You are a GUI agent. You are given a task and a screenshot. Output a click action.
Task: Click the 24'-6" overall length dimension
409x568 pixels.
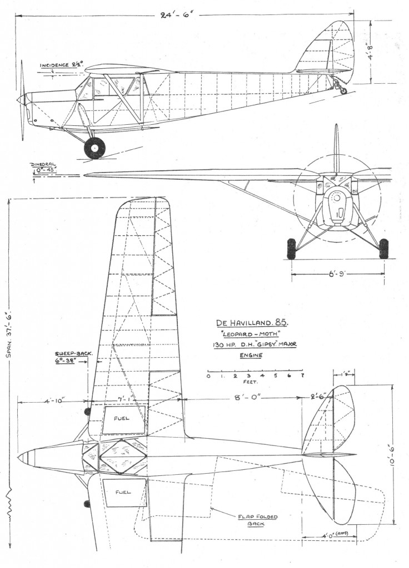(x=178, y=16)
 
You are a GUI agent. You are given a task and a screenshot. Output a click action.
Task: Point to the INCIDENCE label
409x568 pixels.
(x=54, y=65)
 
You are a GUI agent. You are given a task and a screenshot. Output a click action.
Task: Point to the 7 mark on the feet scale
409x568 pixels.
(x=302, y=376)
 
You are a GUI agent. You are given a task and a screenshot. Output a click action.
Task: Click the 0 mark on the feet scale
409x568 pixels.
(x=208, y=376)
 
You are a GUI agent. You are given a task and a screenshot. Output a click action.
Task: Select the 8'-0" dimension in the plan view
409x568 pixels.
(x=245, y=397)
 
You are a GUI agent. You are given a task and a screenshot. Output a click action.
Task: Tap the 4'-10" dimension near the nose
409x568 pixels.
(x=53, y=400)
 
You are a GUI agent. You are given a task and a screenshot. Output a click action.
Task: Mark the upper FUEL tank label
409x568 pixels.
(x=121, y=418)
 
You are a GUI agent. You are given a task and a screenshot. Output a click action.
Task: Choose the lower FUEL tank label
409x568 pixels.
(x=123, y=492)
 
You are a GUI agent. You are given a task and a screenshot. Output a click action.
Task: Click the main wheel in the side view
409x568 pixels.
(x=94, y=148)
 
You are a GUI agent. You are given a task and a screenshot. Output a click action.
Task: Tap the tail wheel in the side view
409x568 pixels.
(x=342, y=90)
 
